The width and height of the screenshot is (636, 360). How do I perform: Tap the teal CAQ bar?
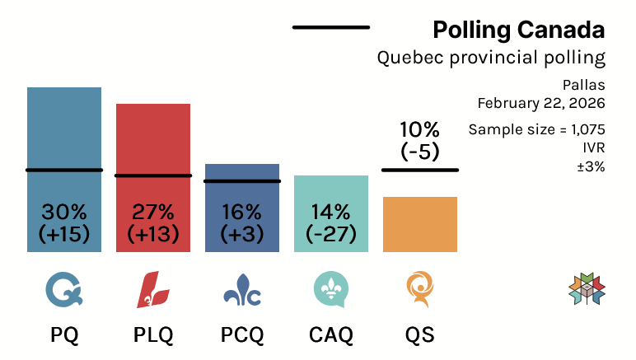tap(331, 189)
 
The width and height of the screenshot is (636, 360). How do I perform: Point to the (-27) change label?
tap(331, 234)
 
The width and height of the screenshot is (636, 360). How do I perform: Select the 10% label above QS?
tap(420, 130)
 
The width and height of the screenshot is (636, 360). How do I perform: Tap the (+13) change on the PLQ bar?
tap(153, 234)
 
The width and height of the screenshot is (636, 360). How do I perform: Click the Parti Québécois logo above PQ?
tap(64, 290)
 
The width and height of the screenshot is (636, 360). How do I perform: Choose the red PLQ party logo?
tap(153, 290)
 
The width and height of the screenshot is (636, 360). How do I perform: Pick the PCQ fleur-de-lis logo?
tap(242, 290)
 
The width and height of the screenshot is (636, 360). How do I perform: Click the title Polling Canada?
tap(519, 31)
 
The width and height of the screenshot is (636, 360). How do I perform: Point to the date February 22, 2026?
tap(541, 104)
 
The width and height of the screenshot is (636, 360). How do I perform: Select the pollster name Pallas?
tap(584, 85)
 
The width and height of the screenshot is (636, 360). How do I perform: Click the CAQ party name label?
tap(331, 336)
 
